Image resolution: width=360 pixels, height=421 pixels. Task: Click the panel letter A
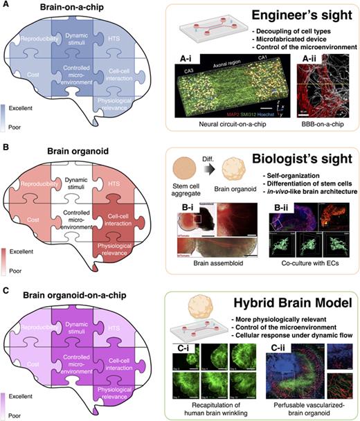(6, 6)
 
